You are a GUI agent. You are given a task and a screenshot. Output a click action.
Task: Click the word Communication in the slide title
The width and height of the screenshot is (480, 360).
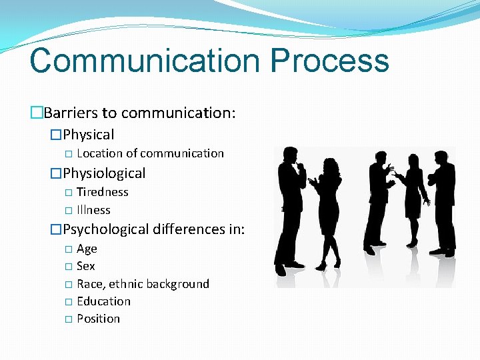(x=144, y=60)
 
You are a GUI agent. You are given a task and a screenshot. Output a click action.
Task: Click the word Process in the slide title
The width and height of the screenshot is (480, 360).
(x=329, y=60)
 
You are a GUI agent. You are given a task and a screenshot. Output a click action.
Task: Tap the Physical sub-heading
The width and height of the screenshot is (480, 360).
(x=89, y=135)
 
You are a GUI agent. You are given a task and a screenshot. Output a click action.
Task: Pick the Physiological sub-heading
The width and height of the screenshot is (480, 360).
(x=104, y=173)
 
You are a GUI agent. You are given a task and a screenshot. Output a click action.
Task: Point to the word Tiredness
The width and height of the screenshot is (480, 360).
(x=103, y=192)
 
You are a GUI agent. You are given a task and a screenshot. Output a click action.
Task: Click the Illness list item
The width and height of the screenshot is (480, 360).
(x=93, y=210)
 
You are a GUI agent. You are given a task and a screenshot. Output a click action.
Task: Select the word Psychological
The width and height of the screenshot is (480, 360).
(x=106, y=229)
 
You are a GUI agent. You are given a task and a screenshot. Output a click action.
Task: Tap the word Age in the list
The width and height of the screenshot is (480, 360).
(x=87, y=249)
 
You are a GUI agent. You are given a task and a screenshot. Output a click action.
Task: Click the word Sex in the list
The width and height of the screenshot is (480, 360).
(x=86, y=266)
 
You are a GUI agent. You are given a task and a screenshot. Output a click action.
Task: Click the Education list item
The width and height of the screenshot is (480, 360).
(x=103, y=301)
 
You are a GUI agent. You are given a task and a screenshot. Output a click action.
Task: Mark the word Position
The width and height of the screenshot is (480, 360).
(x=98, y=319)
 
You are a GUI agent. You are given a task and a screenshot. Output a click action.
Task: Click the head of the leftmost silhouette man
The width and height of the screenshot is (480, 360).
(x=291, y=155)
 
